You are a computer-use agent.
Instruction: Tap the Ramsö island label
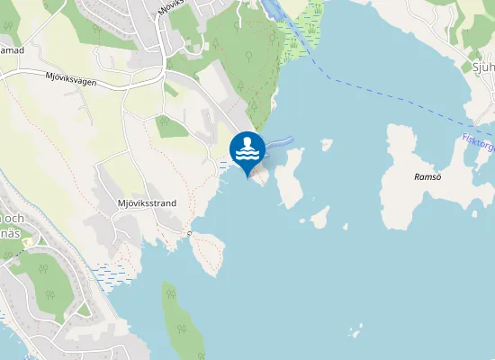(x=427, y=177)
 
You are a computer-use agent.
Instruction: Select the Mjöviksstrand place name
(x=147, y=203)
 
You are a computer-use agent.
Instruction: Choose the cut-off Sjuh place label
(x=483, y=67)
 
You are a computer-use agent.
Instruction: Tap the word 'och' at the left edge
(x=13, y=219)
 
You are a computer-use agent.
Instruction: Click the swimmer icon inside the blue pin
(x=247, y=148)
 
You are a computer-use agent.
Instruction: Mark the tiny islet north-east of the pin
(x=326, y=144)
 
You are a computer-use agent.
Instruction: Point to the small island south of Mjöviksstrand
(x=208, y=254)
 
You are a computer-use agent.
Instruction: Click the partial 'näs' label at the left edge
(x=11, y=233)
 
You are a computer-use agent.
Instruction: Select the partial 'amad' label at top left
(x=12, y=50)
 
